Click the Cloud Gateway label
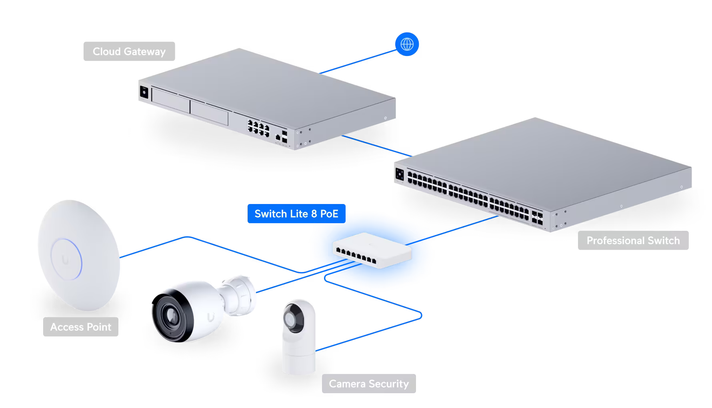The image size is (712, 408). click(x=129, y=52)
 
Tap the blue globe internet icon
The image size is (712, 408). click(x=407, y=44)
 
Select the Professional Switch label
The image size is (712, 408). click(x=633, y=240)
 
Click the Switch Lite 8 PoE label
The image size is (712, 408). click(x=296, y=214)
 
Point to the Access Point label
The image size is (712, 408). click(x=80, y=327)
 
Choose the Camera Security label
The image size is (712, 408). click(x=368, y=384)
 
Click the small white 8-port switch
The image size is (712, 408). click(x=371, y=250)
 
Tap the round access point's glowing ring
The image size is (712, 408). click(x=66, y=259)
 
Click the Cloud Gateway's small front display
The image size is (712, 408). click(x=143, y=93)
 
